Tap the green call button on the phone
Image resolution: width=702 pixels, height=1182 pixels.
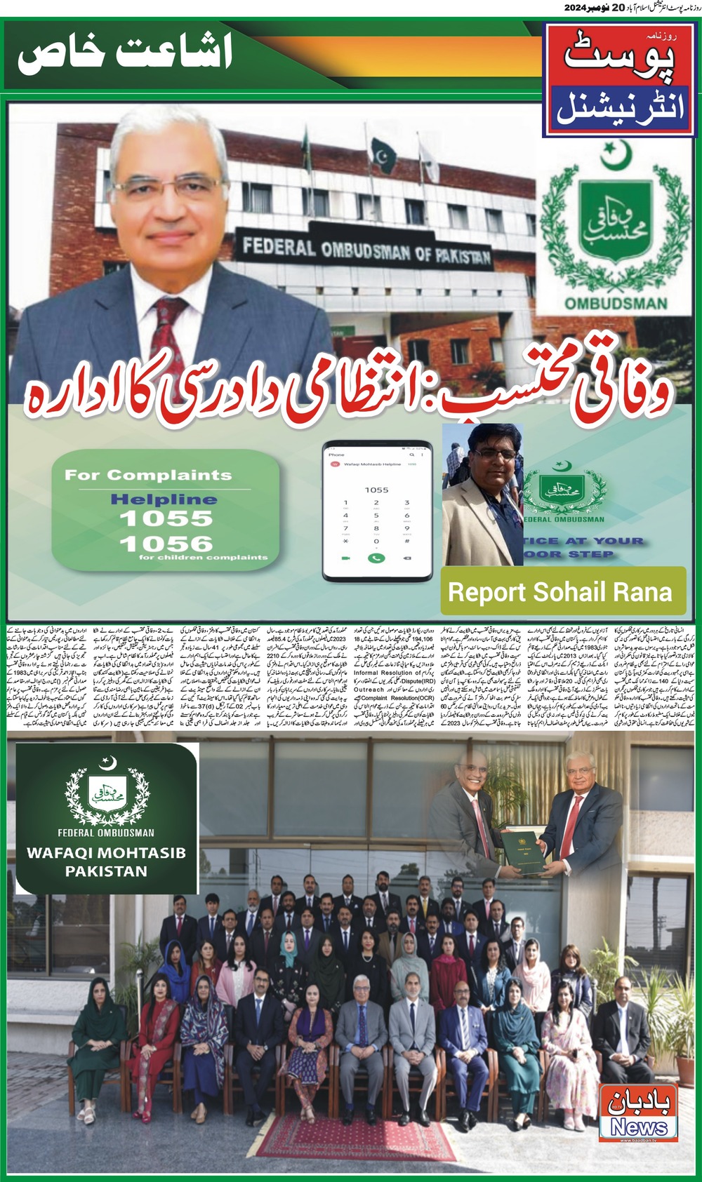pyautogui.click(x=376, y=558)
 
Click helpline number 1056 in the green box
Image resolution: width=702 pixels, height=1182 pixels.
pyautogui.click(x=166, y=543)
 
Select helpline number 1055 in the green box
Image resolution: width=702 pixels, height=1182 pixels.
pyautogui.click(x=166, y=518)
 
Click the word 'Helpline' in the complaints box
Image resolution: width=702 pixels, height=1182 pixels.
pyautogui.click(x=164, y=499)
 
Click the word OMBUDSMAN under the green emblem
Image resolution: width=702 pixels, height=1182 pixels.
pyautogui.click(x=616, y=304)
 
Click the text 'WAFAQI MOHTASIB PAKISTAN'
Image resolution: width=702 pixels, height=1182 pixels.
pyautogui.click(x=106, y=862)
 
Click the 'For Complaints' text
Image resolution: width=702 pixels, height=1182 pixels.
pyautogui.click(x=148, y=475)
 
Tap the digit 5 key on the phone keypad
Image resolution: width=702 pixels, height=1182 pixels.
pyautogui.click(x=376, y=516)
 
